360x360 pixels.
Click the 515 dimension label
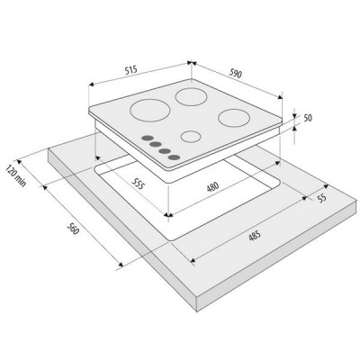tap(130, 70)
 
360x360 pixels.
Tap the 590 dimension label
tap(236, 74)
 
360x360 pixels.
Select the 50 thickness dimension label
tap(308, 118)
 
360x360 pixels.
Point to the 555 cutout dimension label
tap(139, 183)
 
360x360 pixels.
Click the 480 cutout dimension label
tap(212, 187)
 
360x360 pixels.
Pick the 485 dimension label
tap(255, 236)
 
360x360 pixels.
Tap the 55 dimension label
tap(321, 198)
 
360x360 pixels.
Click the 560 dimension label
tap(73, 229)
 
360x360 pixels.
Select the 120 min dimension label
tap(15, 176)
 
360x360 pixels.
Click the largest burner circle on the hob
tap(150, 111)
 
